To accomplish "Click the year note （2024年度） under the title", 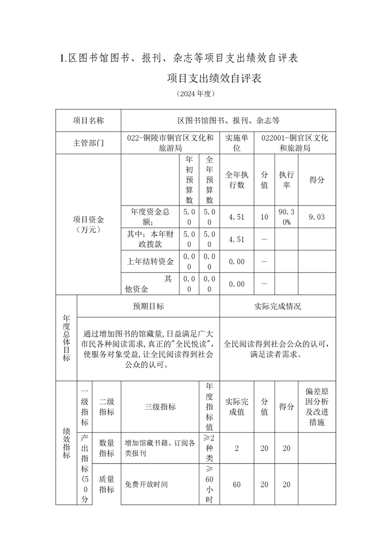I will click(x=195, y=94).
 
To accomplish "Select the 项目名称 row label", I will click(x=88, y=120).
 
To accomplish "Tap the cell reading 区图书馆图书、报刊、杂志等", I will click(x=228, y=120).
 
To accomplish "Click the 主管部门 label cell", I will click(x=88, y=143).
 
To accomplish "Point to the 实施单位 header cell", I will click(x=237, y=143).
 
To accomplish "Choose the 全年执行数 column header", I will click(x=237, y=180).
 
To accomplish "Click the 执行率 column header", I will click(x=286, y=180).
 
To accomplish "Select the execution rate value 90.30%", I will click(x=286, y=217).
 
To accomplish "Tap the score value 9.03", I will click(x=317, y=217).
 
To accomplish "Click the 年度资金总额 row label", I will click(x=150, y=217).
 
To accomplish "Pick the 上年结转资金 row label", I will click(x=150, y=261).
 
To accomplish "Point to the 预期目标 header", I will click(x=148, y=306).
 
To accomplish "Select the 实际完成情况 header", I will click(x=278, y=306).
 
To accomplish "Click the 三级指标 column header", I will click(x=160, y=407).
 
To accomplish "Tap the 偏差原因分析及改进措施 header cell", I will click(x=317, y=407).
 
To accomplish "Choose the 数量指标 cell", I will click(x=107, y=448).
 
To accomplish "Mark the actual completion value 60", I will click(x=237, y=484).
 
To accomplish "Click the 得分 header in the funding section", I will click(x=317, y=180).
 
